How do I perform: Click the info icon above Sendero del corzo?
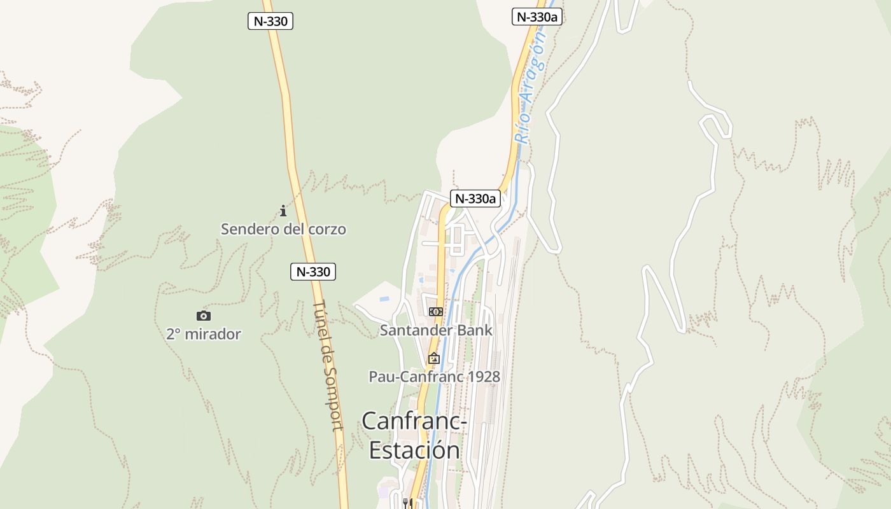[x=283, y=211]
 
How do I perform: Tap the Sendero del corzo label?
[x=283, y=229]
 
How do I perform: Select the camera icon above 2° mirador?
[x=204, y=316]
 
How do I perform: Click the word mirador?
[x=213, y=334]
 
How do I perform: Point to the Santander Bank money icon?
[x=435, y=312]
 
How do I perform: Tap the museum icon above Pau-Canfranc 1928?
[x=434, y=358]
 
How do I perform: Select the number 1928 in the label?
[x=484, y=377]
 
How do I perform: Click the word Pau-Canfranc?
[x=416, y=377]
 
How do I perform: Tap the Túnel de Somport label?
[x=328, y=365]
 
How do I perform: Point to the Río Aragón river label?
[x=530, y=88]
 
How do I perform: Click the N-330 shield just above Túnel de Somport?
[x=313, y=272]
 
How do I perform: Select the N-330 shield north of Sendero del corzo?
[x=270, y=21]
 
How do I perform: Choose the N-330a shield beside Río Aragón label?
[x=537, y=17]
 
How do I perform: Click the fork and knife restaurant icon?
[x=408, y=503]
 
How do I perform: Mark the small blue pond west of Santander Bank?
[x=384, y=298]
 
